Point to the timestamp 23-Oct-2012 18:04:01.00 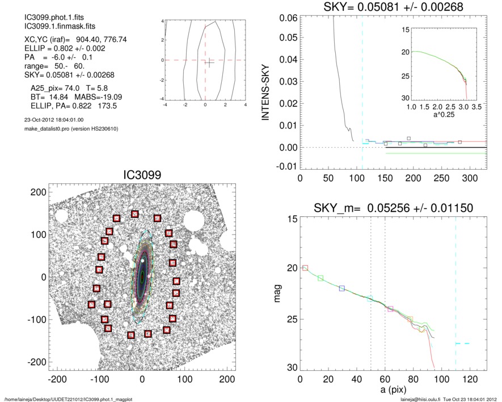pyautogui.click(x=51, y=120)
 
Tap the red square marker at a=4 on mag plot pyautogui.click(x=305, y=267)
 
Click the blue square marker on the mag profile pyautogui.click(x=341, y=288)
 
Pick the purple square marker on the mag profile pyautogui.click(x=390, y=308)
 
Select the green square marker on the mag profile pyautogui.click(x=320, y=278)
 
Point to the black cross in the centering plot pyautogui.click(x=209, y=62)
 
